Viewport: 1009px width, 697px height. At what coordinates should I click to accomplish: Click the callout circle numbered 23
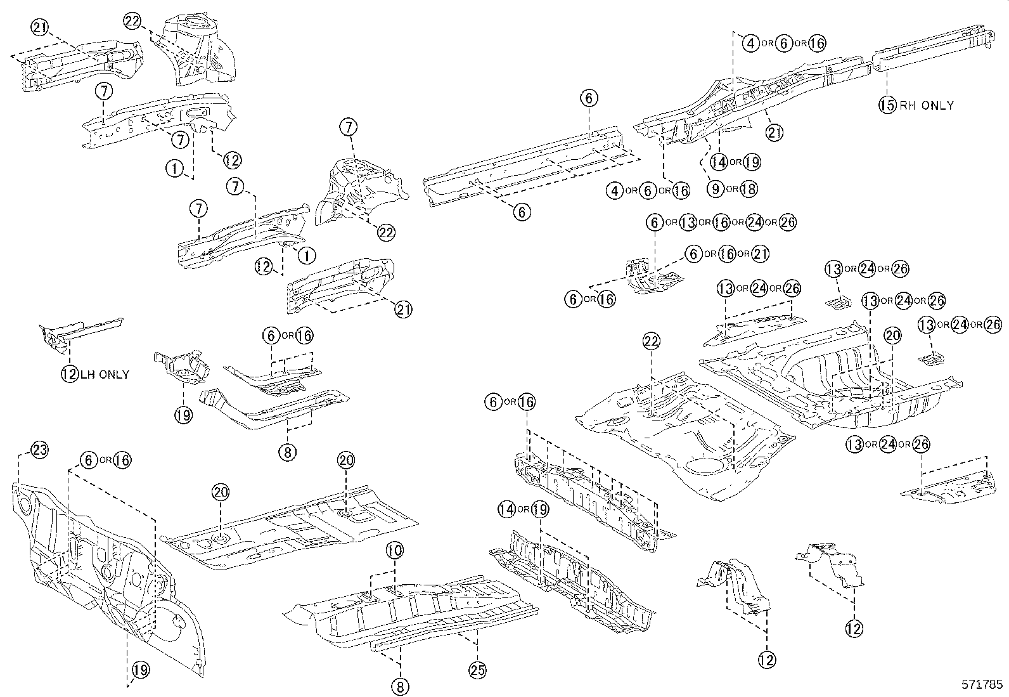39,450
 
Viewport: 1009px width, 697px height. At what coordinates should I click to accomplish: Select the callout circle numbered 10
394,550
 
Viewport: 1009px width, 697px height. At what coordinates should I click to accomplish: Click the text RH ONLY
926,105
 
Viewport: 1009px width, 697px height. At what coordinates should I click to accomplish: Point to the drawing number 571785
982,685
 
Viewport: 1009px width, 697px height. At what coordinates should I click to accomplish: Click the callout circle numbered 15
887,105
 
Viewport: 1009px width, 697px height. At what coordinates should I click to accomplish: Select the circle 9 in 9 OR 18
715,188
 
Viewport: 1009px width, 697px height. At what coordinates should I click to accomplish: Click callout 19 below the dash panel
141,668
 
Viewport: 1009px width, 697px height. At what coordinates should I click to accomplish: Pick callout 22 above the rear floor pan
652,342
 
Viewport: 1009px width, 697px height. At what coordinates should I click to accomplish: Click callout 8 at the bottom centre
401,686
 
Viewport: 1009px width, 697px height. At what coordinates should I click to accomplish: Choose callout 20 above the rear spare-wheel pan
892,336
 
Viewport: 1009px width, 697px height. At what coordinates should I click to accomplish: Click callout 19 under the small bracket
184,415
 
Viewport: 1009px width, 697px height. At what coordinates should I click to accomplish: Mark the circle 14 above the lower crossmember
506,509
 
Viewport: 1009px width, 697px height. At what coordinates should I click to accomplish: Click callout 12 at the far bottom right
854,629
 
